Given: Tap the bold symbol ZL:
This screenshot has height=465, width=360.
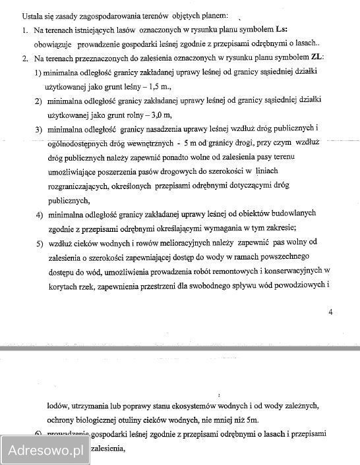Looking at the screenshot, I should point(315,59).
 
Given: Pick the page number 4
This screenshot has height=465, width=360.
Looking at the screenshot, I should point(330,312).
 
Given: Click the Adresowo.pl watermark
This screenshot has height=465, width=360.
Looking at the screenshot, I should point(45,451).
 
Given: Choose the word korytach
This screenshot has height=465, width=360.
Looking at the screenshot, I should point(63,285).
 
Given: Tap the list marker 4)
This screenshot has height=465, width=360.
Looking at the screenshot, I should point(39,214).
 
